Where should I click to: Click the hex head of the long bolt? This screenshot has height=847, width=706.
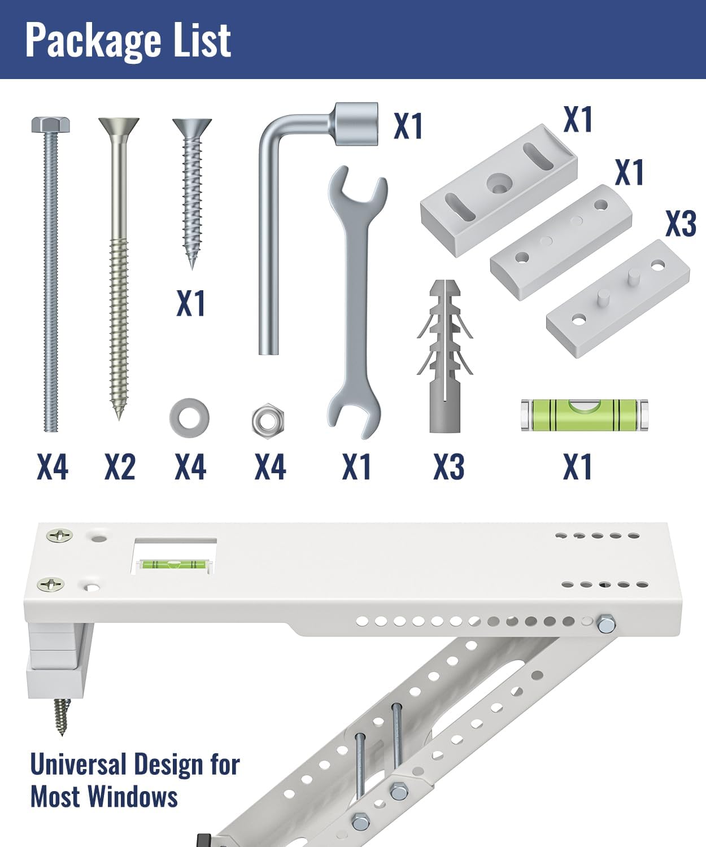pos(51,125)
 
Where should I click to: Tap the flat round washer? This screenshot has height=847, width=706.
pos(189,418)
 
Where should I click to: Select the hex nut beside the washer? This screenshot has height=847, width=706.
pos(268,421)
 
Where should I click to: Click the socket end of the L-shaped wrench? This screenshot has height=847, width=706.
pos(356,124)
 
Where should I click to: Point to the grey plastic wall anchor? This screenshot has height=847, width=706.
pos(444,356)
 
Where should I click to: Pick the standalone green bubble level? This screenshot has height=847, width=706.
pos(584,414)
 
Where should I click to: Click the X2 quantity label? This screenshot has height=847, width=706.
pos(120,467)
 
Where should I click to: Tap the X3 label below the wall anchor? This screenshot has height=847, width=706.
pos(449,467)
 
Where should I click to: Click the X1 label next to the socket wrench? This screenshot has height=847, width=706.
pos(408,126)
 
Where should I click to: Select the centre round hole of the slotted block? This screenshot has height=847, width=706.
pos(499,181)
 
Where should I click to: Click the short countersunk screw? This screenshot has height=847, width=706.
pos(192,193)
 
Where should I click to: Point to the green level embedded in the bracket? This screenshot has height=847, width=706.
pos(172,564)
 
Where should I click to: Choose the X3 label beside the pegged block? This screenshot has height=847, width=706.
pos(681,224)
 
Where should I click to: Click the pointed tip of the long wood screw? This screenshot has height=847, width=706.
pos(119,418)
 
